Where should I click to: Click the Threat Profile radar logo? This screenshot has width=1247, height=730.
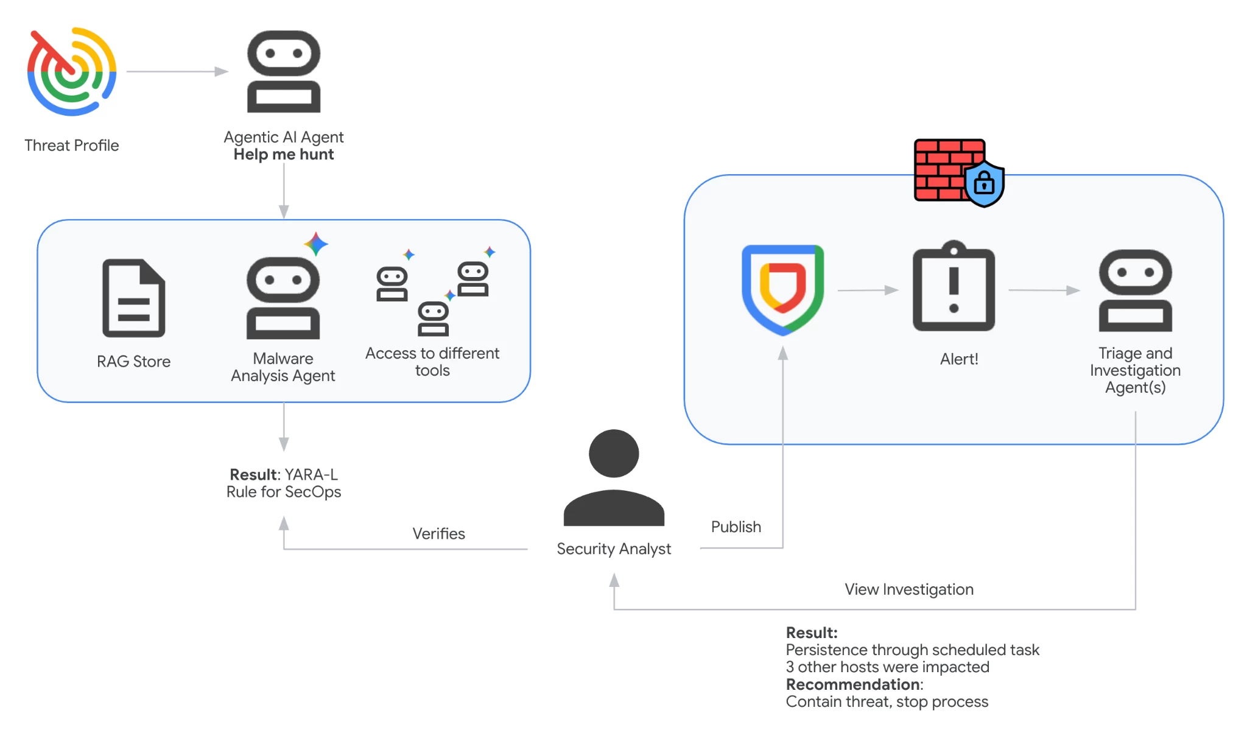[72, 71]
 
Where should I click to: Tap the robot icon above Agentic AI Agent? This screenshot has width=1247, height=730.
[284, 72]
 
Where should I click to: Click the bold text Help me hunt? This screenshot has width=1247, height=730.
[284, 155]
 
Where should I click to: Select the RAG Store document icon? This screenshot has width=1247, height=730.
[134, 298]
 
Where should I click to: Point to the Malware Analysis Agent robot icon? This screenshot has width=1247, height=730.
[283, 298]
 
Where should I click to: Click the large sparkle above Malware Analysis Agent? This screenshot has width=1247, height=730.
[316, 244]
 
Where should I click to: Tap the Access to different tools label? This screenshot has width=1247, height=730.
[432, 362]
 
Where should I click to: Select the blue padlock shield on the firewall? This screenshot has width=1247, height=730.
[984, 183]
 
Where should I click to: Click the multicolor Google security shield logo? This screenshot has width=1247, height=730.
[783, 290]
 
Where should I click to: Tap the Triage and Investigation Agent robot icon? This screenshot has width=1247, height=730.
[1136, 290]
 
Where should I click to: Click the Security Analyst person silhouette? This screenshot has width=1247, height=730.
[614, 478]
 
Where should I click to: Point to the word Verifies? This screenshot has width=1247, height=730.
[438, 534]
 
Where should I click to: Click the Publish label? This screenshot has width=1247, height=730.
[736, 527]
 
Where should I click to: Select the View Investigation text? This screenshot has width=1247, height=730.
[909, 589]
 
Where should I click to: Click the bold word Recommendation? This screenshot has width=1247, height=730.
[852, 684]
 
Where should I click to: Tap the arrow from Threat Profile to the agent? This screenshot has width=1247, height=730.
[177, 72]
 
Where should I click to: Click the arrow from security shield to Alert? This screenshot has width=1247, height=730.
[868, 290]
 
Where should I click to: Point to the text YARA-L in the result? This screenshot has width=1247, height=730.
[311, 475]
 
